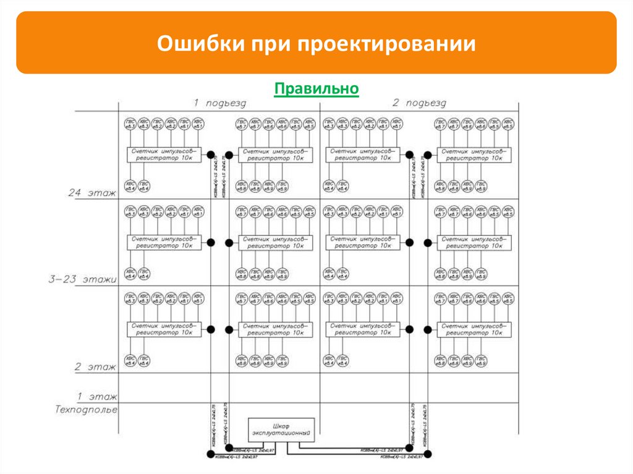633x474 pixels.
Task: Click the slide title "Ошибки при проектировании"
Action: (x=316, y=45)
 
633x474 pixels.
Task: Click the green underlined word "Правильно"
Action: (x=316, y=89)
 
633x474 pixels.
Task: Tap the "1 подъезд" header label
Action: (x=219, y=103)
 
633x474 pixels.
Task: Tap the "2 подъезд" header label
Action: (x=418, y=103)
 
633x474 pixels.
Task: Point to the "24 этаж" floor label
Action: (x=92, y=193)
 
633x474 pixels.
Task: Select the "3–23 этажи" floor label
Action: (x=83, y=279)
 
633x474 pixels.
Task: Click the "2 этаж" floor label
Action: (x=95, y=367)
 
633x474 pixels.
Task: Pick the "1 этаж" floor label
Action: (x=95, y=395)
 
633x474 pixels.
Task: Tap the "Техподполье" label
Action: (x=86, y=409)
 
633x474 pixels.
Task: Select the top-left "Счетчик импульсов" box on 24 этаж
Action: (x=164, y=154)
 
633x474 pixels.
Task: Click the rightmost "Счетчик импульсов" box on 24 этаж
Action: (x=474, y=154)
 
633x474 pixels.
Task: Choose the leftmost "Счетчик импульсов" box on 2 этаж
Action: (x=164, y=329)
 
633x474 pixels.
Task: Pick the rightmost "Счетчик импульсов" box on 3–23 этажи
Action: (x=474, y=242)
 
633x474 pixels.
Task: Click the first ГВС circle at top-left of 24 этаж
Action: (x=130, y=124)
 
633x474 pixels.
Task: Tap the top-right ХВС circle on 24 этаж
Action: (x=508, y=124)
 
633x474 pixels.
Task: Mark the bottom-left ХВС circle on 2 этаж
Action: (x=130, y=360)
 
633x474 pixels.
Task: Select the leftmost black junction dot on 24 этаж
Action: (x=210, y=154)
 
